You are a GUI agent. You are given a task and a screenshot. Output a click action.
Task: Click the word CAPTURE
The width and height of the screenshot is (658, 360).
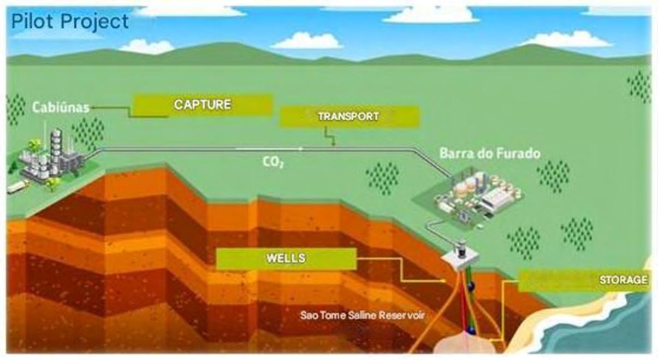(203, 104)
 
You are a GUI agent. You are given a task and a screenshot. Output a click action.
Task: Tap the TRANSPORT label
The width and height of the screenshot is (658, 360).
(348, 116)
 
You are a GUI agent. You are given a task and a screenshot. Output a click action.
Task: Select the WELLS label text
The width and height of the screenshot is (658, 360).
(286, 258)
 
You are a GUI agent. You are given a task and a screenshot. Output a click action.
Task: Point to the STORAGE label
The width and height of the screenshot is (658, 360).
(623, 280)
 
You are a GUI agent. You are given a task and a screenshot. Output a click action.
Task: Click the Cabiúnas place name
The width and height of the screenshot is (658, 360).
(61, 108)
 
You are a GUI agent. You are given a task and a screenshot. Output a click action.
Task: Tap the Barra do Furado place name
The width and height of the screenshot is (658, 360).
(490, 153)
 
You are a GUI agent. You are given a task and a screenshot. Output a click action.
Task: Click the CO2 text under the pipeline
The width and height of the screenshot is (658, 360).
(272, 162)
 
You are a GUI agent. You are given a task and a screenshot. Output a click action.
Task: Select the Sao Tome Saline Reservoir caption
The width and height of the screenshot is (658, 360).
(362, 315)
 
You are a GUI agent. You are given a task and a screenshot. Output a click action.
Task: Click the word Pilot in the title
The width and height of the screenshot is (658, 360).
(33, 22)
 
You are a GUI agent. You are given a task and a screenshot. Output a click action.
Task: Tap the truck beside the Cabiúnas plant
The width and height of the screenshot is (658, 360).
(17, 187)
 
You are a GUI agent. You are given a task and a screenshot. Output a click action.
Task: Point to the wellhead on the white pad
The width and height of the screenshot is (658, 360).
(461, 249)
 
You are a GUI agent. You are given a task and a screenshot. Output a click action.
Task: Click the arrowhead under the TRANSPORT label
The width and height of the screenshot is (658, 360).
(334, 143)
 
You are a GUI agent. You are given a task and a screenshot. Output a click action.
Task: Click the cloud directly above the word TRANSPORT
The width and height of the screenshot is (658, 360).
(307, 40)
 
